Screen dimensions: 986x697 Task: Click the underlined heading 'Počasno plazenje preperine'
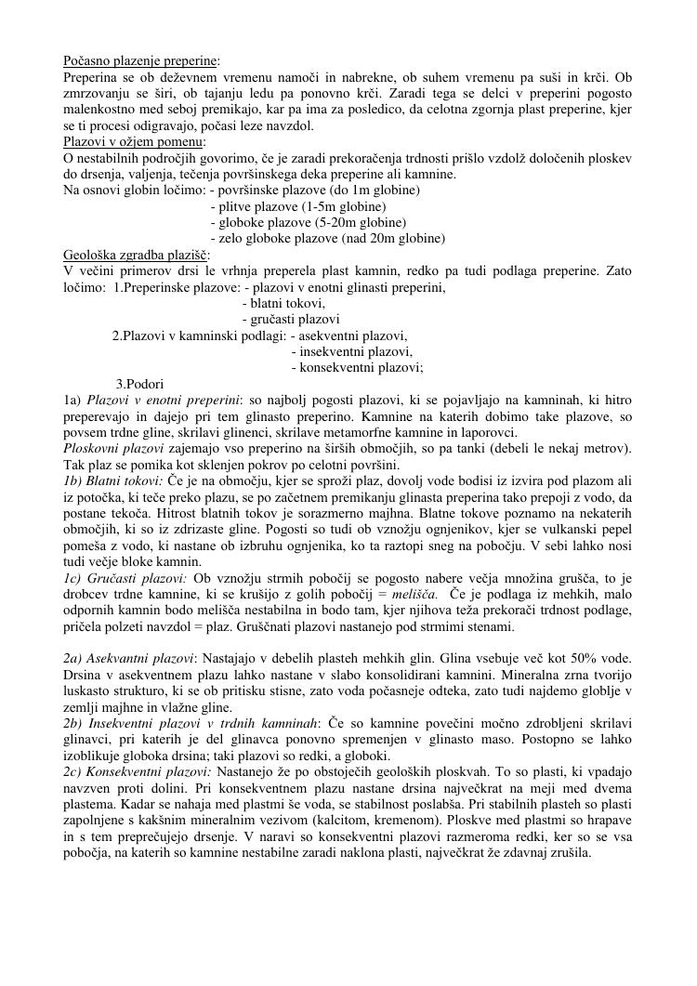139,60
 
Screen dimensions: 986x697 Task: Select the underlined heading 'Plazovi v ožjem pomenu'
134,142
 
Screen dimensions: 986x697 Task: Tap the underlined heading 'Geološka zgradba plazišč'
136,255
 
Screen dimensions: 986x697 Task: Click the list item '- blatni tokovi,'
283,304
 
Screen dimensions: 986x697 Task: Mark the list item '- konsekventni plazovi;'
357,367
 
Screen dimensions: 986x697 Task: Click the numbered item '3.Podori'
140,384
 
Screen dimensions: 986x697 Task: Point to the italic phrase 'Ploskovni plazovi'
113,448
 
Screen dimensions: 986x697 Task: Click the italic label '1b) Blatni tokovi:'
113,480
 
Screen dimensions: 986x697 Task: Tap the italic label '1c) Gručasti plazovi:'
125,578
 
